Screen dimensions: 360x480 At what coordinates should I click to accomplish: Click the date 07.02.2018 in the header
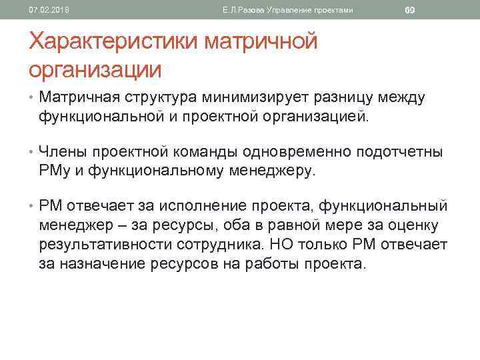pos(44,10)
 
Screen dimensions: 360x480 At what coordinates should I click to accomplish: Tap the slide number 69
pos(410,10)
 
